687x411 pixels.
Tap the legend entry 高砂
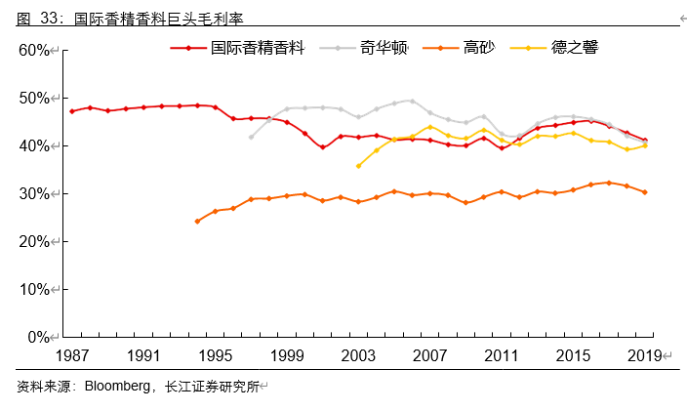478,48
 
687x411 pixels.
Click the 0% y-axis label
39,337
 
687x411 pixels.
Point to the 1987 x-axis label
71,355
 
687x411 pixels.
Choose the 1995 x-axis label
216,355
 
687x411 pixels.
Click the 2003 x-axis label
358,355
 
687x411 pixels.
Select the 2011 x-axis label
502,355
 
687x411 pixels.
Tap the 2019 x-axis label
644,355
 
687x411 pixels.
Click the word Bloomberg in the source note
118,387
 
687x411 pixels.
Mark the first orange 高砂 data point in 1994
197,221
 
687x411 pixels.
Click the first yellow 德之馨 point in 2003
358,166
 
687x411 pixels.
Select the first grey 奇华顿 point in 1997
251,137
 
